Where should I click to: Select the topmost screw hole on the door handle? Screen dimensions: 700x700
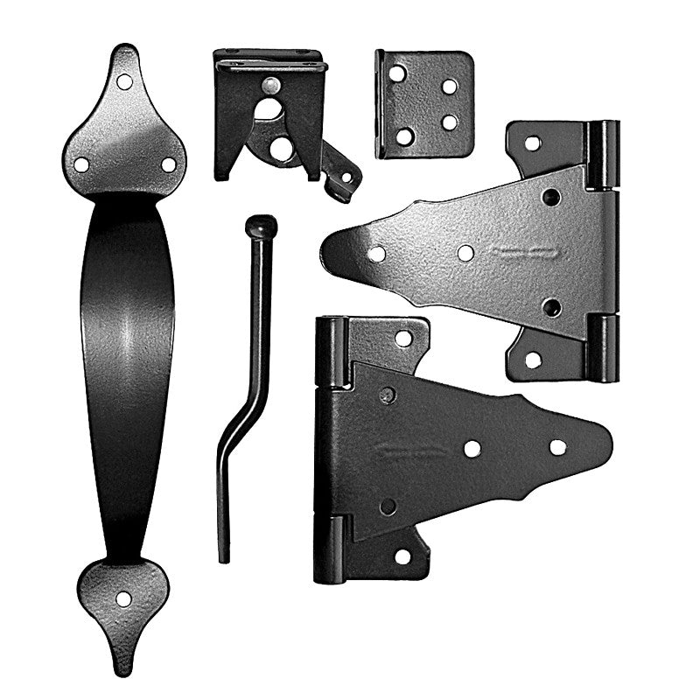point(124,81)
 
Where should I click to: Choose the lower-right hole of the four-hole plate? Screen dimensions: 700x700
point(450,122)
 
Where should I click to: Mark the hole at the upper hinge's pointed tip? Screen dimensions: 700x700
point(376,254)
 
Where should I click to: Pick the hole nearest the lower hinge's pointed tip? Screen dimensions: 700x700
point(557,447)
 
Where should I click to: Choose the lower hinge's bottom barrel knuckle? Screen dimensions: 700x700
point(330,548)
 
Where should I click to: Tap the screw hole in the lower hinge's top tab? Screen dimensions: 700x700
point(402,337)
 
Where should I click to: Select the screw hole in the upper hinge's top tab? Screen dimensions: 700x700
point(532,142)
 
